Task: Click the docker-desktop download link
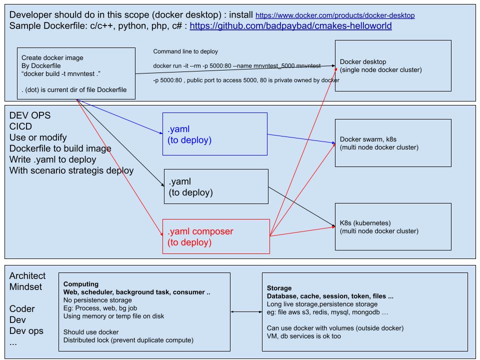click(334, 16)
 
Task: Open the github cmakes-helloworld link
click(290, 25)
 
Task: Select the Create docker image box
click(76, 73)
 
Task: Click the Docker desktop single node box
click(393, 66)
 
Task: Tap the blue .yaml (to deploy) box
click(215, 133)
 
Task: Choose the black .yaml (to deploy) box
click(216, 186)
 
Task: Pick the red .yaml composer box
click(216, 236)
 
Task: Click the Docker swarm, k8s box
click(393, 142)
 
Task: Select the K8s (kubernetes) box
click(393, 226)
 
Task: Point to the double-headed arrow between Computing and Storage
click(246, 312)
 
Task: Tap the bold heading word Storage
click(278, 288)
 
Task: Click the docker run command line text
click(236, 65)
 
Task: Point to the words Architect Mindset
click(27, 281)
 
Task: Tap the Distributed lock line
click(129, 340)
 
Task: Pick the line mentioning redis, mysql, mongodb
click(328, 312)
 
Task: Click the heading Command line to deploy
click(185, 52)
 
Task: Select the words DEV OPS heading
click(30, 115)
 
